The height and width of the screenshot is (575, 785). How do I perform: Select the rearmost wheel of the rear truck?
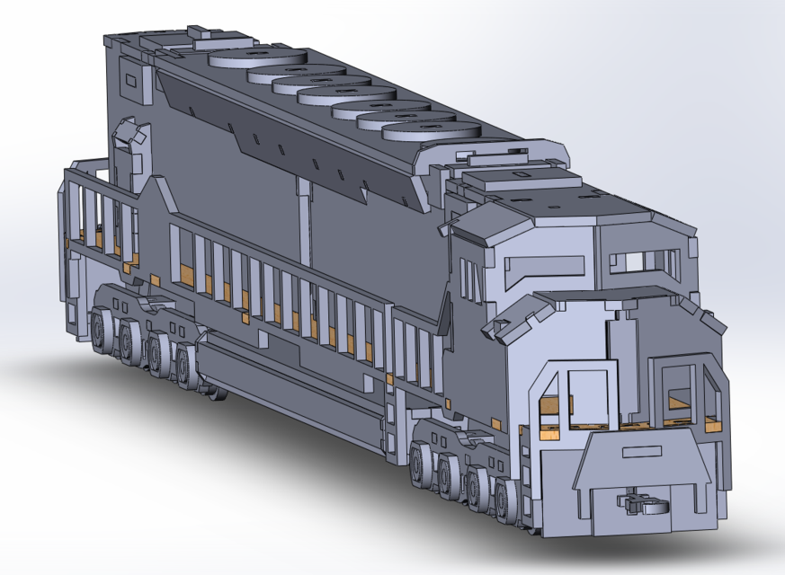101,328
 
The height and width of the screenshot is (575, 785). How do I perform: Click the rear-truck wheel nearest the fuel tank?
186,367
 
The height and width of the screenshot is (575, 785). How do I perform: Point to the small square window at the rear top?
131,82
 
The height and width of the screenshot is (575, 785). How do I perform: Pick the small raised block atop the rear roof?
205,35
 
